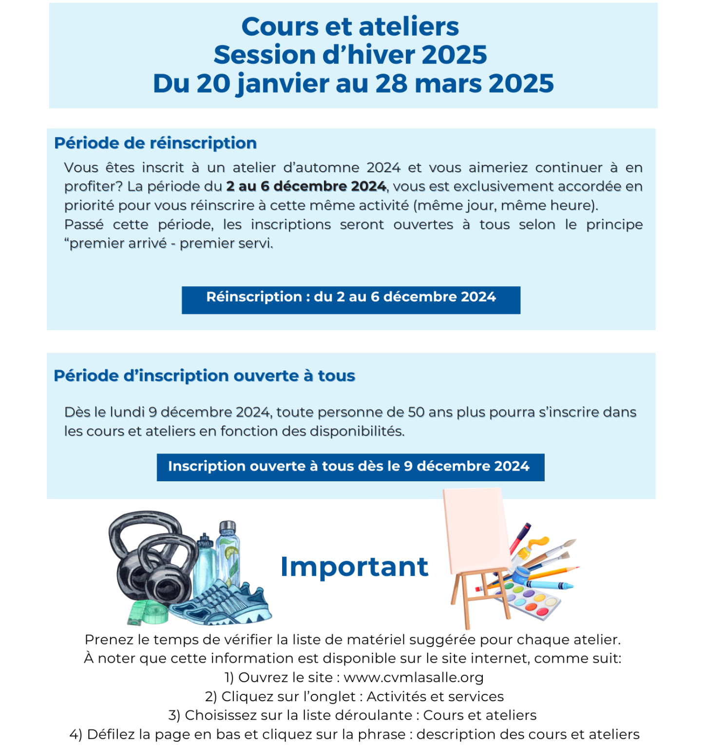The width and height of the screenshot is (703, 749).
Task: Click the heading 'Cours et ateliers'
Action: pyautogui.click(x=350, y=27)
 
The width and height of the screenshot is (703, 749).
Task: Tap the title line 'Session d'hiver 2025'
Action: pyautogui.click(x=350, y=55)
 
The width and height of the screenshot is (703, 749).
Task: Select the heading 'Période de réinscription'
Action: pyautogui.click(x=155, y=143)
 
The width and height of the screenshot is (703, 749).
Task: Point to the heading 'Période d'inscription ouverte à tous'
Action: pyautogui.click(x=204, y=376)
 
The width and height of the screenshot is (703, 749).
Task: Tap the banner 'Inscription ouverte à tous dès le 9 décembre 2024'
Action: pyautogui.click(x=350, y=467)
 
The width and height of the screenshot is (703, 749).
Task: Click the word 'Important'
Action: pyautogui.click(x=354, y=567)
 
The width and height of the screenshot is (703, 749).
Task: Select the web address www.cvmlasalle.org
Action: pyautogui.click(x=414, y=677)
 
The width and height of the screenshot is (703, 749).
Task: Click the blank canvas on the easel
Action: pyautogui.click(x=475, y=529)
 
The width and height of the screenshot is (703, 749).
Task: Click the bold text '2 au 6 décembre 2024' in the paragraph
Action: pyautogui.click(x=306, y=186)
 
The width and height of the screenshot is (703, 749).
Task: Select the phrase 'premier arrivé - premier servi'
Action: pyautogui.click(x=171, y=243)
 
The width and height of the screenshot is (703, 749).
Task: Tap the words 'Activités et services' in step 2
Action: pyautogui.click(x=435, y=696)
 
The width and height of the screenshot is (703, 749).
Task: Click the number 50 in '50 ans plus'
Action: pyautogui.click(x=416, y=412)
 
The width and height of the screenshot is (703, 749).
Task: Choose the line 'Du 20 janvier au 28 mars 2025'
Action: pyautogui.click(x=353, y=83)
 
